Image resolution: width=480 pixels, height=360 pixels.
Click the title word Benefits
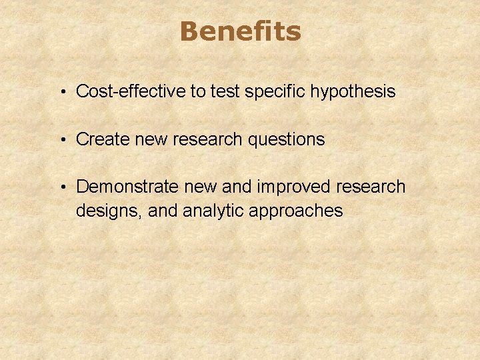[x=240, y=31]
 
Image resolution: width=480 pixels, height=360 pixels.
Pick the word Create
[x=104, y=139]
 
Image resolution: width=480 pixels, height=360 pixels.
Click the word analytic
[x=211, y=211]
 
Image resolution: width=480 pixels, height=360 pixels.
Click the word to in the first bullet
[x=199, y=91]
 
